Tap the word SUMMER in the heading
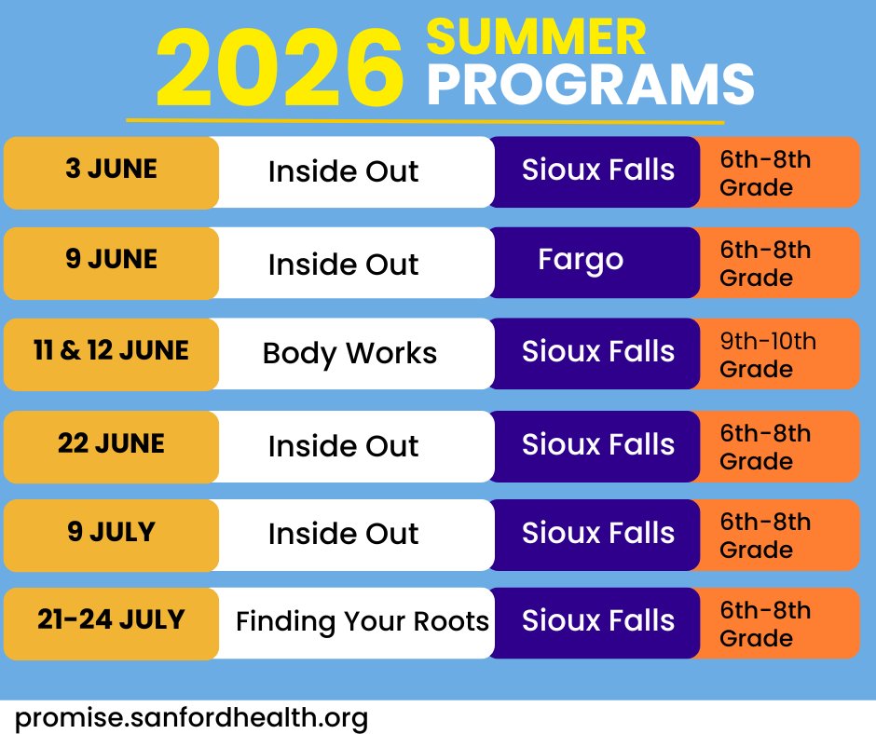pos(536,38)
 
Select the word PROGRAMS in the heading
pos(590,86)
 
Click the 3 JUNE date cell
pos(111,170)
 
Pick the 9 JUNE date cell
pos(111,260)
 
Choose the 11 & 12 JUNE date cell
pos(111,351)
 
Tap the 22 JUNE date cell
pos(111,443)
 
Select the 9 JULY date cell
pos(111,533)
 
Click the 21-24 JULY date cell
pos(111,620)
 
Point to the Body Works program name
pos(349,353)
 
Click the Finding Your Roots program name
pos(362,621)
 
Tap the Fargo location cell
pos(580,260)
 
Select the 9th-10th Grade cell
pos(777,354)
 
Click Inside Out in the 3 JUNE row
pos(343,171)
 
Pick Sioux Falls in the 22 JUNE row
pos(597,444)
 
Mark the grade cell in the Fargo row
pos(777,263)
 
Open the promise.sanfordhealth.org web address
pos(191,718)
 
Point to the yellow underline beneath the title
pos(424,120)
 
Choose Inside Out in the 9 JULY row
pos(343,534)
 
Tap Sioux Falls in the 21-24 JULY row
pos(597,621)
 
